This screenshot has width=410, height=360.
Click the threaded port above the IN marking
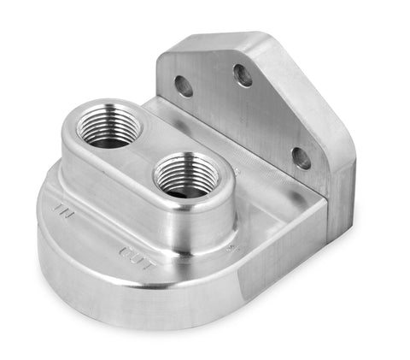coord(108,127)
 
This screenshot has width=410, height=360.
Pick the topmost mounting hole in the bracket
coord(243,75)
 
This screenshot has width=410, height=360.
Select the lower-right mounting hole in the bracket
coord(300,156)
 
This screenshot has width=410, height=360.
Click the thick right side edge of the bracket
coord(342,171)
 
